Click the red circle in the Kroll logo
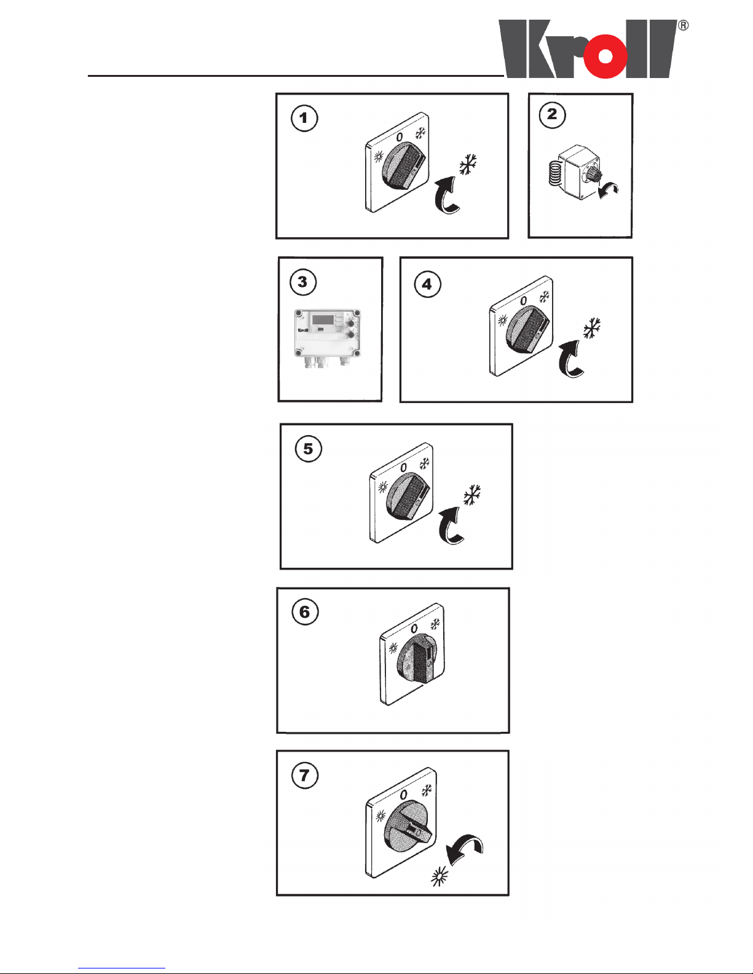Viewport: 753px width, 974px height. (605, 56)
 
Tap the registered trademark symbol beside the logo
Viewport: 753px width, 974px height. (683, 26)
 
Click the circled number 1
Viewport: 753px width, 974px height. (304, 119)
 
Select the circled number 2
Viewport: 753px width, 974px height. (552, 115)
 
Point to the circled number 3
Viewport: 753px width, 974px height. (303, 282)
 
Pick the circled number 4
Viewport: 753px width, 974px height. (427, 284)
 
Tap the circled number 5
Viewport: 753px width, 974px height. (309, 449)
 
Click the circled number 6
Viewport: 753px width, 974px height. (306, 612)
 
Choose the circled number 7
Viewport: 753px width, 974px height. (305, 776)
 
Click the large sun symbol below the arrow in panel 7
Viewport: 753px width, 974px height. (440, 877)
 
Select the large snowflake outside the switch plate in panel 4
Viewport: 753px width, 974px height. (592, 329)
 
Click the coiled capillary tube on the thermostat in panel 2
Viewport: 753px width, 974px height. (554, 173)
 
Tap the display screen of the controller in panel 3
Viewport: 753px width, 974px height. (322, 320)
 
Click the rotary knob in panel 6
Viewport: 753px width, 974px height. (416, 659)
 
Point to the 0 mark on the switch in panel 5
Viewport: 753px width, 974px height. (403, 468)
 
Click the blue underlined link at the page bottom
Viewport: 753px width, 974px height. (122, 968)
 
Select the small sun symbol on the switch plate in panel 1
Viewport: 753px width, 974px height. (379, 157)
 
